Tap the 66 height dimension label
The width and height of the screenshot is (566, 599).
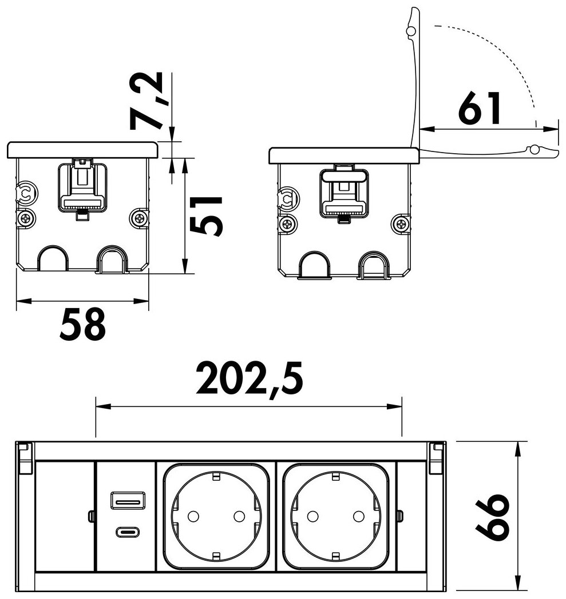pyautogui.click(x=493, y=518)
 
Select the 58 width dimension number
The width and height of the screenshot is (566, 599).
pyautogui.click(x=82, y=325)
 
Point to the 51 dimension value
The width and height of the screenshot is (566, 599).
pyautogui.click(x=206, y=216)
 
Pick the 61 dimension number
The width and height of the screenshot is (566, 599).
pyautogui.click(x=480, y=108)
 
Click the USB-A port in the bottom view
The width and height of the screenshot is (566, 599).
pyautogui.click(x=128, y=501)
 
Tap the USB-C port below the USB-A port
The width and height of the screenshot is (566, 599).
pyautogui.click(x=128, y=532)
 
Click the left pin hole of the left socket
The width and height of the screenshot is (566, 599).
pyautogui.click(x=193, y=517)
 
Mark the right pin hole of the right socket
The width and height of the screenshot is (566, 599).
pyautogui.click(x=358, y=517)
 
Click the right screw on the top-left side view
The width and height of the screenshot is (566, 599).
pyautogui.click(x=138, y=218)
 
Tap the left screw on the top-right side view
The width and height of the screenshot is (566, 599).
pyautogui.click(x=288, y=225)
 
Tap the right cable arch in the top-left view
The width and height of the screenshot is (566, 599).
pyautogui.click(x=111, y=259)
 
